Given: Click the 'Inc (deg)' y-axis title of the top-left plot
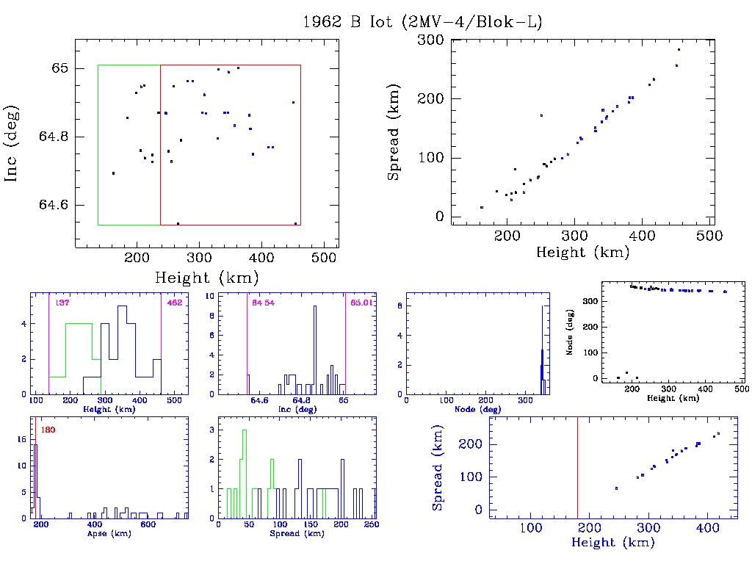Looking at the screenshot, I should tap(12, 143).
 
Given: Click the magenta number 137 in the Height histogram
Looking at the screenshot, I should tap(57, 303).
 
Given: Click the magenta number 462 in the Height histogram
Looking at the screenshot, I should tap(174, 303).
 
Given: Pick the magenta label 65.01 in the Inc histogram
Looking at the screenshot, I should tap(361, 303).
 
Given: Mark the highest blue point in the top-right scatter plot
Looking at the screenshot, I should tap(679, 49).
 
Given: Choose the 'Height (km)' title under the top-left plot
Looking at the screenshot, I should tap(206, 278).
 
